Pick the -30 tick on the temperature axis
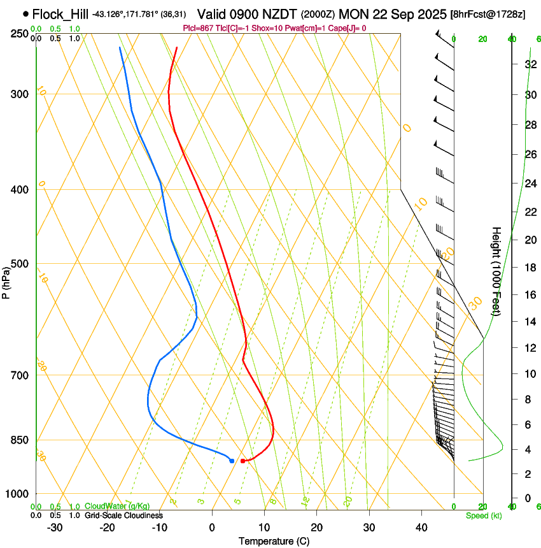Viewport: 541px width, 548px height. pos(55,527)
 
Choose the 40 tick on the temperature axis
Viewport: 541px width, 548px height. pos(421,527)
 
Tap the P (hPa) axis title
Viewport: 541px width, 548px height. pos(6,280)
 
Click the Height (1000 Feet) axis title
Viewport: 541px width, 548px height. pos(496,271)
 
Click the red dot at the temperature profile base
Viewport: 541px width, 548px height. pos(243,461)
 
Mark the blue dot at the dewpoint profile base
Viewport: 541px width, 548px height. pos(232,460)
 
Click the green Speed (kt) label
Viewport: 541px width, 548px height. pos(484,516)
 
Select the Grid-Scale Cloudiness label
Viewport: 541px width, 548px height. pos(122,515)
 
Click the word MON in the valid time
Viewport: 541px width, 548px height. pos(353,13)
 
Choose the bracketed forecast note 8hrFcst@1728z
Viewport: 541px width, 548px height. pos(488,14)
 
